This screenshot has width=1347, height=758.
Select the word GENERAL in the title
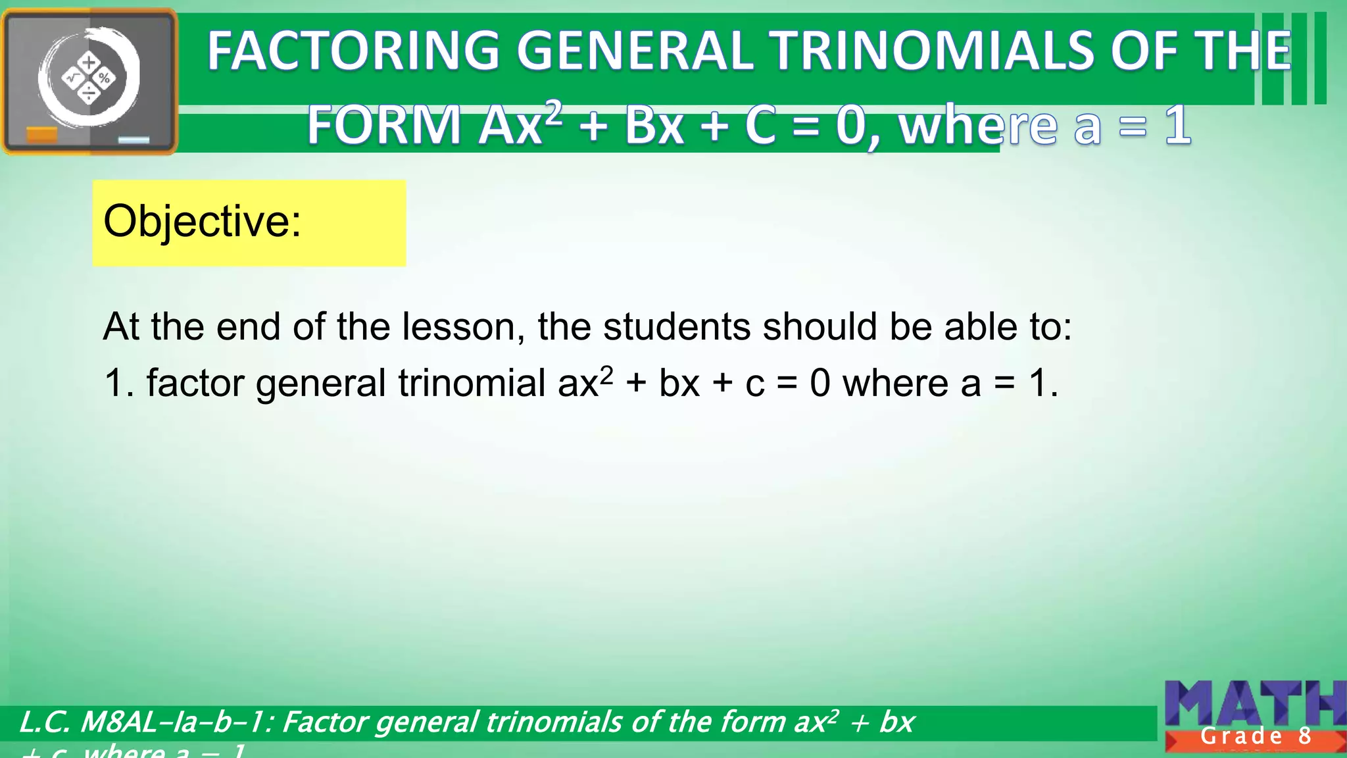[634, 51]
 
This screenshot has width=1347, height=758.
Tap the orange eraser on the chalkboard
[41, 136]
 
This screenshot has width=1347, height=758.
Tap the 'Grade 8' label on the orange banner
[1256, 736]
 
